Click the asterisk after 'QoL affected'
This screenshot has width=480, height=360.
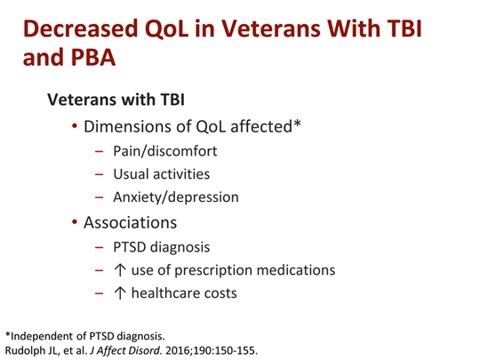pos(298,124)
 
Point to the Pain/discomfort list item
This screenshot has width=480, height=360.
pos(164,150)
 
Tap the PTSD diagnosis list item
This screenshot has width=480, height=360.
pos(160,246)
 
